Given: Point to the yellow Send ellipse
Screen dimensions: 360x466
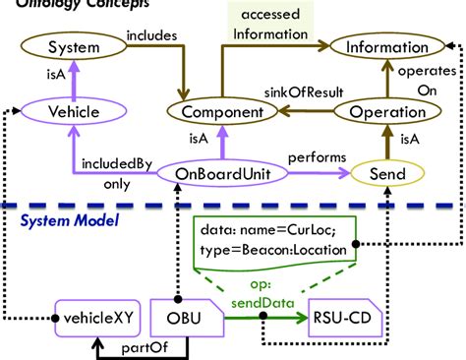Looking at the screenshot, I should point(387,173).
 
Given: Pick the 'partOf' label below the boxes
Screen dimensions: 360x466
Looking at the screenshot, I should point(136,347).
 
